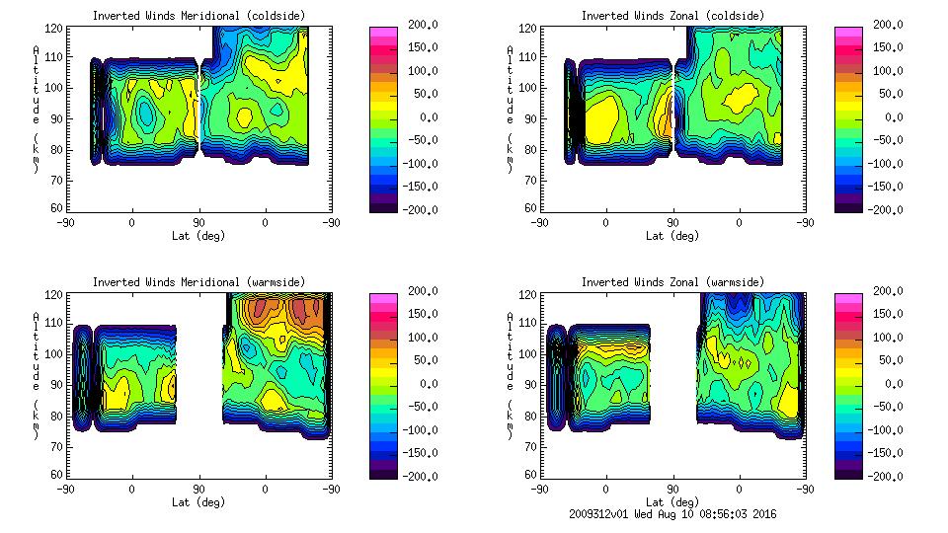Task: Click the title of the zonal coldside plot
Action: [672, 15]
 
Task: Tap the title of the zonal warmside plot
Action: [672, 281]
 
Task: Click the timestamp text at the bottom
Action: [671, 514]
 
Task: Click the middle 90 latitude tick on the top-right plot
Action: [673, 223]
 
